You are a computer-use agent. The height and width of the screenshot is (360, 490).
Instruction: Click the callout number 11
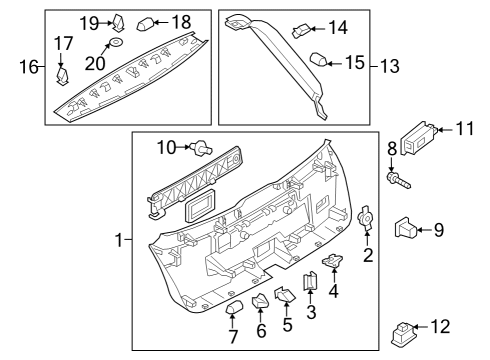(465, 129)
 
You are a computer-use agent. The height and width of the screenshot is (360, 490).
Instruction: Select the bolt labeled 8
(399, 180)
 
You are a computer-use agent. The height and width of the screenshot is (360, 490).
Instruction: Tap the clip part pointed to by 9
(405, 228)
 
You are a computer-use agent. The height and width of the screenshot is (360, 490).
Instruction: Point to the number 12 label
(440, 327)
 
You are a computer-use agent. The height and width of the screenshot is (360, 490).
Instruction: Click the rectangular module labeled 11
(418, 138)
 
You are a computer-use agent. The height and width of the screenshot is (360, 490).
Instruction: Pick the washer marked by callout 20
(116, 42)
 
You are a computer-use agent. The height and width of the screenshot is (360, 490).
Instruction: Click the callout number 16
(29, 67)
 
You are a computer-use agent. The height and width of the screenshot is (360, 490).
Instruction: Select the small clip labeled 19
(119, 23)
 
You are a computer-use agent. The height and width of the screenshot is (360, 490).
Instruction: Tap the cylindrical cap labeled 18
(145, 24)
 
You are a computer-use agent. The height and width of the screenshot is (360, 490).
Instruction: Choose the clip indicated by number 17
(63, 76)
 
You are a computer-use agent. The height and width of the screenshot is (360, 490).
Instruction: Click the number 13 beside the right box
(390, 66)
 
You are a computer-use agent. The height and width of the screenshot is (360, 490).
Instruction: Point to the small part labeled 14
(301, 31)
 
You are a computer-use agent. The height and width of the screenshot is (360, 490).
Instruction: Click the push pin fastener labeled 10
(201, 149)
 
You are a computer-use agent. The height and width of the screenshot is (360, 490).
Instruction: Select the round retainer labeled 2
(365, 218)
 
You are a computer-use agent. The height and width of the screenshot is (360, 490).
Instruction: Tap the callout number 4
(333, 290)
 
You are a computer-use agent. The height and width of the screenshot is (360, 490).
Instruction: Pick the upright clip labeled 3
(310, 281)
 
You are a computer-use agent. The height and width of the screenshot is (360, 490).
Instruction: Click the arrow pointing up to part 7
(232, 321)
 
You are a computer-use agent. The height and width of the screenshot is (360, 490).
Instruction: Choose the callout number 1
(119, 240)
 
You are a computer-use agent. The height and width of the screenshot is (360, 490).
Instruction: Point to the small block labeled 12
(402, 333)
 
